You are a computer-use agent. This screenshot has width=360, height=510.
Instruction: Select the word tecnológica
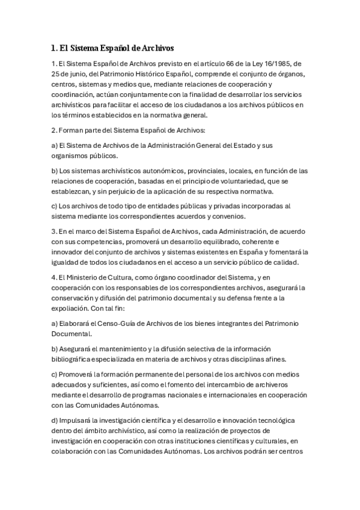[x=280, y=421]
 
